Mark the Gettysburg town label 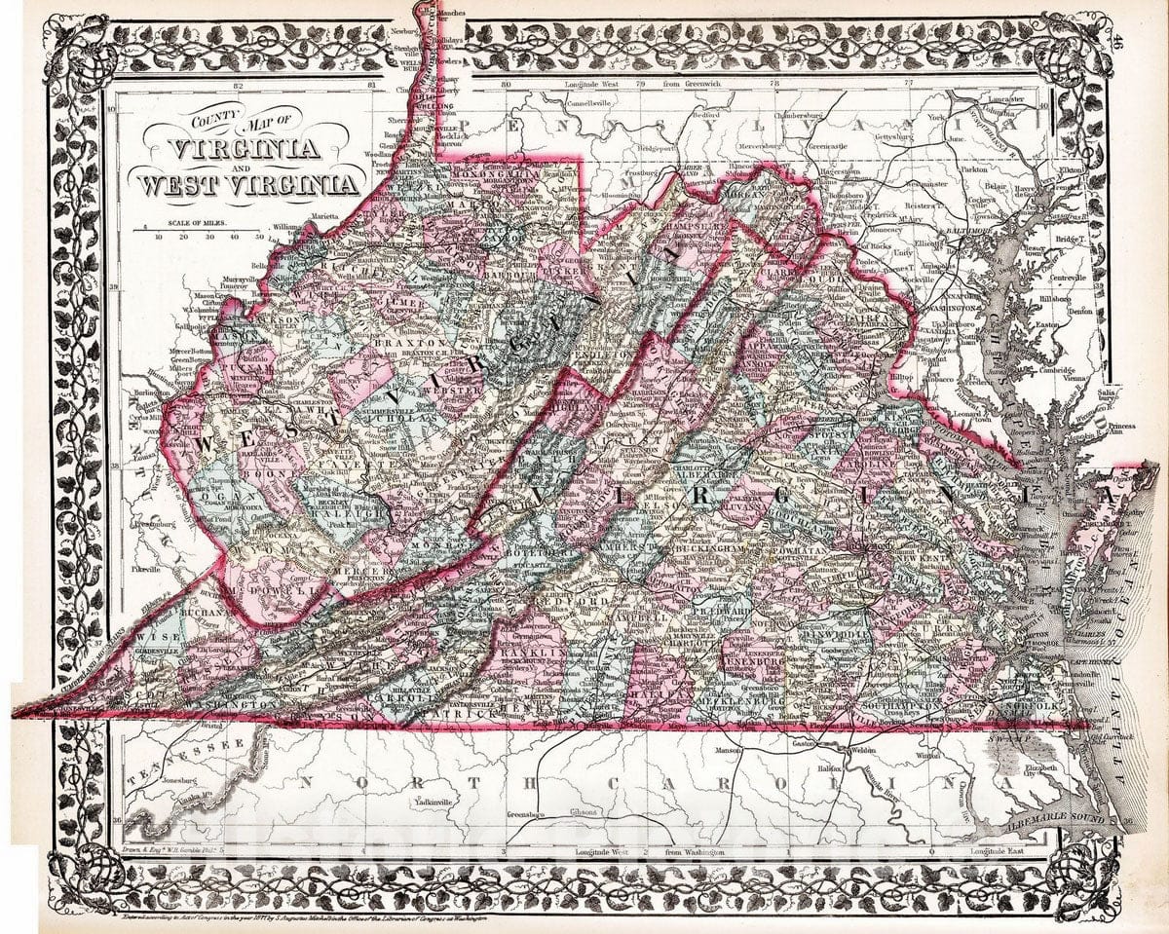[883, 136]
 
